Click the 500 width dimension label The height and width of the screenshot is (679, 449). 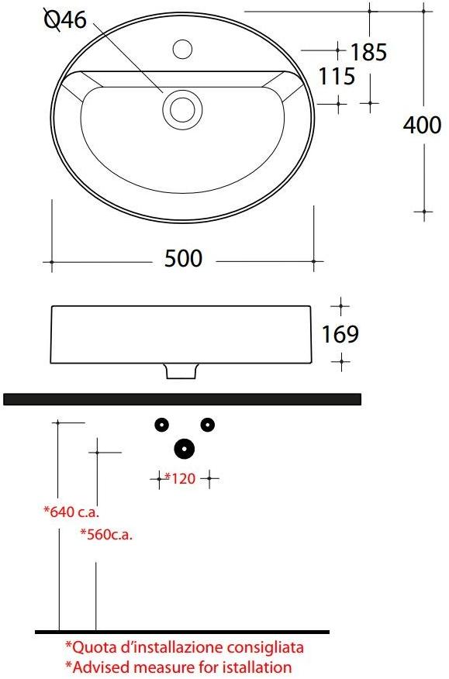[183, 258]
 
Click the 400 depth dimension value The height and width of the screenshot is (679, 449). [422, 125]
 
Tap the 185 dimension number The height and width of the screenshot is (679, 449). [368, 53]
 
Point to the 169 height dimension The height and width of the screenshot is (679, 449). [340, 334]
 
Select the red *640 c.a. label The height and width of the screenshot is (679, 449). [71, 512]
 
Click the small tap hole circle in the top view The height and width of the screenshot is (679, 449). [183, 49]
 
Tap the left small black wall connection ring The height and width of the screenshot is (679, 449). [161, 424]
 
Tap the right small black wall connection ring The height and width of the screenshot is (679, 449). [207, 424]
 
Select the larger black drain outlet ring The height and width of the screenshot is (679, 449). [184, 448]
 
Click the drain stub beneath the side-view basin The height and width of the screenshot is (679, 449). [181, 372]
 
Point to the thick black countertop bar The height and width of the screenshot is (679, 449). [183, 398]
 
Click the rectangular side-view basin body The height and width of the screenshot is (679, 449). [183, 334]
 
